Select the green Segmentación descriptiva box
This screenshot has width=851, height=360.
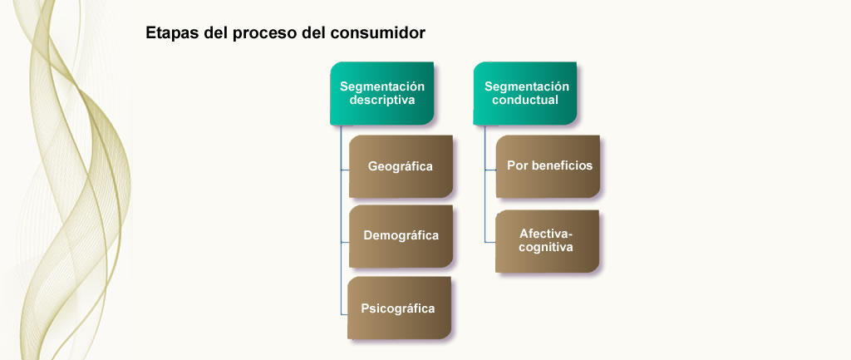coord(382,93)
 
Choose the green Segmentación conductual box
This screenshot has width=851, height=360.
coord(525,93)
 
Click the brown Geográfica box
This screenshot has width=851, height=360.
coord(401,166)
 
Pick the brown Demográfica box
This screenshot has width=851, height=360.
coord(401,236)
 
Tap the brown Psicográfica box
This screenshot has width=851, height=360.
coord(400,308)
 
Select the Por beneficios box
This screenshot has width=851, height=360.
coord(548,166)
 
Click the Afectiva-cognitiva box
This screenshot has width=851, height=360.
coord(547,241)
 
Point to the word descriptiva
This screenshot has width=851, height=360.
coord(382,101)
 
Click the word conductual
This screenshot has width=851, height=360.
coord(525,101)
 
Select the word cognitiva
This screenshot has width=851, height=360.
coord(546,248)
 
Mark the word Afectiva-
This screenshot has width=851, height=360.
coord(546,234)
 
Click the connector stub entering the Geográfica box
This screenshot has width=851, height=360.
coord(345,170)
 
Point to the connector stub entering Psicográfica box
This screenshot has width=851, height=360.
coord(344,314)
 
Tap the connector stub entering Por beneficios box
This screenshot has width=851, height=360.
coord(490,170)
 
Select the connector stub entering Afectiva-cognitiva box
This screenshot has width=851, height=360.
coord(490,242)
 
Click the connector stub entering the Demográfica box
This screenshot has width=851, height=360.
coord(345,242)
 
